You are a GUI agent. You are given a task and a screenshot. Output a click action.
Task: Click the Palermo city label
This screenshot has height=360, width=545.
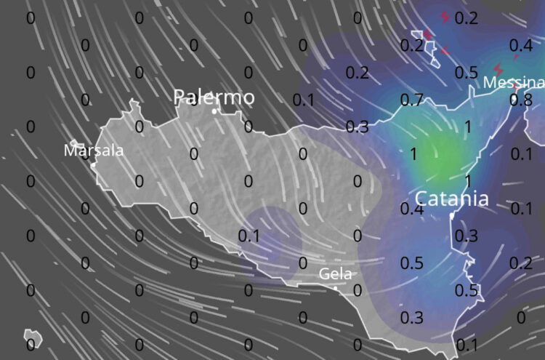(214, 97)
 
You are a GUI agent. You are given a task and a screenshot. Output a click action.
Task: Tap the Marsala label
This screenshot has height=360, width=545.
(94, 151)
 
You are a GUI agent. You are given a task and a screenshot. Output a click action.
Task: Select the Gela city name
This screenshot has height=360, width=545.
(336, 274)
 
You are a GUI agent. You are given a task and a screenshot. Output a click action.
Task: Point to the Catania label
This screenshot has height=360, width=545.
(452, 199)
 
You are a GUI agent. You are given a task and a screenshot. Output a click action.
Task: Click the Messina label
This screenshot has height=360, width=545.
(514, 82)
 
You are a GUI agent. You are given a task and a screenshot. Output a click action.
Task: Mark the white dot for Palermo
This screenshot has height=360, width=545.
(215, 111)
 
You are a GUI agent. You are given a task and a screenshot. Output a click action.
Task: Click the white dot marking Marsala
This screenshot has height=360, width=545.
(94, 164)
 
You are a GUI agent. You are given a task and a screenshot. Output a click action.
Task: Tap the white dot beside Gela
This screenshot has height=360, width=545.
(336, 288)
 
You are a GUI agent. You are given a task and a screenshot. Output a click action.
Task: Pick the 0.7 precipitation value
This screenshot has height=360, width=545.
(411, 100)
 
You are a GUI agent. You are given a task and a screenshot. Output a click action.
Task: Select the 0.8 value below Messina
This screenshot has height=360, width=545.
(520, 100)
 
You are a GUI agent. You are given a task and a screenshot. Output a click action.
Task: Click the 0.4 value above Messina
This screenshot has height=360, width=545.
(520, 46)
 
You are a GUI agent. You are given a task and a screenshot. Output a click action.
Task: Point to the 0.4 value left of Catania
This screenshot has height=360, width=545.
(411, 209)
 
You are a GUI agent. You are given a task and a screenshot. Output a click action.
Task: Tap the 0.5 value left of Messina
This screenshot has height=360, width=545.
(466, 73)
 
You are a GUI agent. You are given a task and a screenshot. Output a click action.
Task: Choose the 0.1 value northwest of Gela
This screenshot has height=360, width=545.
(249, 236)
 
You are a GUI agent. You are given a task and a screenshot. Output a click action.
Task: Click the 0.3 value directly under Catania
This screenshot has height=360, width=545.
(466, 236)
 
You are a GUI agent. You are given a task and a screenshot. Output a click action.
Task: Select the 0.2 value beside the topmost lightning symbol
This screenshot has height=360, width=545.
(466, 18)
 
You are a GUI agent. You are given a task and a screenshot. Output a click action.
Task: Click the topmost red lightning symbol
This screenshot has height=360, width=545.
(445, 16)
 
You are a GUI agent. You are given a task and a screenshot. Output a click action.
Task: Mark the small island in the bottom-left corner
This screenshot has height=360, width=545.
(31, 338)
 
